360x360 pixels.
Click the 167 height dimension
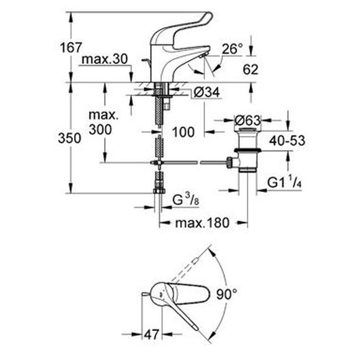pos(71,48)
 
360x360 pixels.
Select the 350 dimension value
pos(69,138)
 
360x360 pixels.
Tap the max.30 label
pos(105,59)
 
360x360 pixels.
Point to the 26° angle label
pos(233,49)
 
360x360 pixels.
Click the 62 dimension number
pos(251,69)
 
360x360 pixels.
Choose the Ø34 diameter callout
pos(207,92)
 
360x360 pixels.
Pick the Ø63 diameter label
pos(248,120)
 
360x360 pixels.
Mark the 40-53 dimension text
pos(287,141)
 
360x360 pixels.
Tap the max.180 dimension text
pos(202,223)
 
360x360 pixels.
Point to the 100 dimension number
pos(183,132)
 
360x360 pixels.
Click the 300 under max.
pos(100,129)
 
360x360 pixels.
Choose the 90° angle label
pos(226,294)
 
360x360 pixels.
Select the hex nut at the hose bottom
pos(159,191)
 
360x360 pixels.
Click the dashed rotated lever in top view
pos(185,270)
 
